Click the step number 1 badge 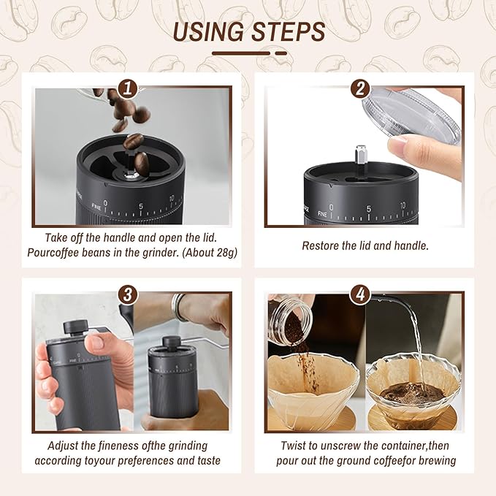pyautogui.click(x=128, y=88)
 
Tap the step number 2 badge pyautogui.click(x=359, y=88)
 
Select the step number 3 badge pyautogui.click(x=128, y=294)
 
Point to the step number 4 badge pyautogui.click(x=359, y=294)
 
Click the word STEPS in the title pyautogui.click(x=289, y=32)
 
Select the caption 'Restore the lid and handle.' pyautogui.click(x=365, y=245)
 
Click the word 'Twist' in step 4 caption pyautogui.click(x=295, y=445)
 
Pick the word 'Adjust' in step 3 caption pyautogui.click(x=64, y=445)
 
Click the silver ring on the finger pyautogui.click(x=180, y=307)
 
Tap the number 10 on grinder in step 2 pyautogui.click(x=402, y=207)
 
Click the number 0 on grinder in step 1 pyautogui.click(x=106, y=204)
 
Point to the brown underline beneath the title pyautogui.click(x=248, y=53)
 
